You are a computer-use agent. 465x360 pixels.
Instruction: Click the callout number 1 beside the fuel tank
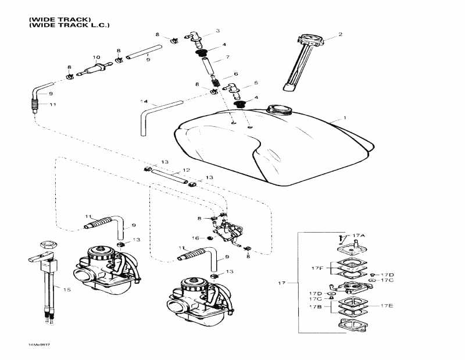click(345, 117)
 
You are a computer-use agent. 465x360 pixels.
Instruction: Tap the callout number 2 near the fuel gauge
click(341, 34)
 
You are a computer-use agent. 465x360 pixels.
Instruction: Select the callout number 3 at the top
click(217, 30)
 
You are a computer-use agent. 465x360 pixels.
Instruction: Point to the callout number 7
click(228, 57)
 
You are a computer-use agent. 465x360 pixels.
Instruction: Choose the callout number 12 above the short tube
click(186, 170)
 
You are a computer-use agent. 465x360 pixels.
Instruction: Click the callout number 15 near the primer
click(66, 289)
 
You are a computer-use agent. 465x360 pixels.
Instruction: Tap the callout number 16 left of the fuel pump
click(195, 238)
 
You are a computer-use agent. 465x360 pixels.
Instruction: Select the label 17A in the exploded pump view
click(359, 235)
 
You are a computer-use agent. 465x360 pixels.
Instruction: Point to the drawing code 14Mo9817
click(38, 345)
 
